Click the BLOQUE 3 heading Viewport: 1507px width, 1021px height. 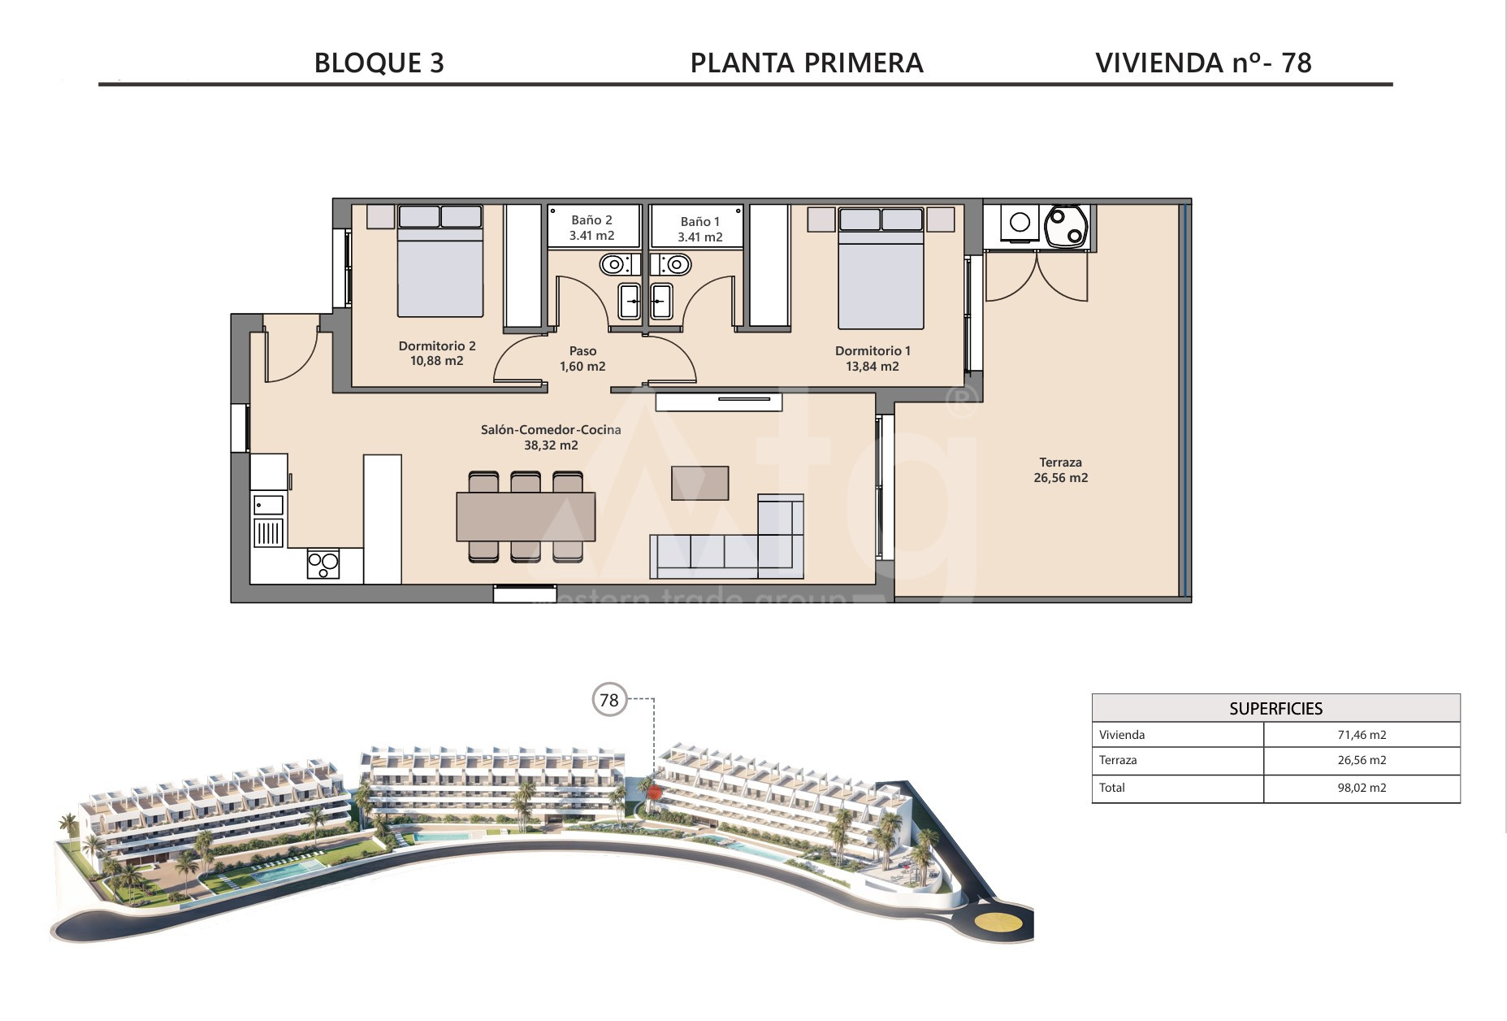point(379,63)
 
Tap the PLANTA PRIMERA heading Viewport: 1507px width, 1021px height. point(807,63)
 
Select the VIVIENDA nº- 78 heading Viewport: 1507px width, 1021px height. point(1203,63)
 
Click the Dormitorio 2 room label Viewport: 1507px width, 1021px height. point(437,354)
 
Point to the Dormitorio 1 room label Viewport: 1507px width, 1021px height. point(873,358)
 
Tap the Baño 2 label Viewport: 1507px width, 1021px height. point(591,228)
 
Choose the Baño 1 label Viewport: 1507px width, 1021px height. point(700,229)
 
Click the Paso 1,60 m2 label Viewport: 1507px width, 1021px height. point(582,358)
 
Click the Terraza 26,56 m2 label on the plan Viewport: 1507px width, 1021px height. point(1060,470)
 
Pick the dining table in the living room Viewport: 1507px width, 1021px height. point(526,517)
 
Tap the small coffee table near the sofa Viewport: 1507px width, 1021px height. point(699,483)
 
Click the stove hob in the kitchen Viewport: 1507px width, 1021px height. point(323,564)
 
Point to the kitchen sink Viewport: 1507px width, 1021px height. point(268,505)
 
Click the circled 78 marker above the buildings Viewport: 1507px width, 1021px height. point(609,700)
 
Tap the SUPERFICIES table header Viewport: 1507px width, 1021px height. point(1275,709)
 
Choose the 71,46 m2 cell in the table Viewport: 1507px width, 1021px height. point(1362,735)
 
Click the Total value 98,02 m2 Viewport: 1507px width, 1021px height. point(1362,788)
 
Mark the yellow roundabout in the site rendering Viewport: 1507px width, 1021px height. point(998,923)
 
